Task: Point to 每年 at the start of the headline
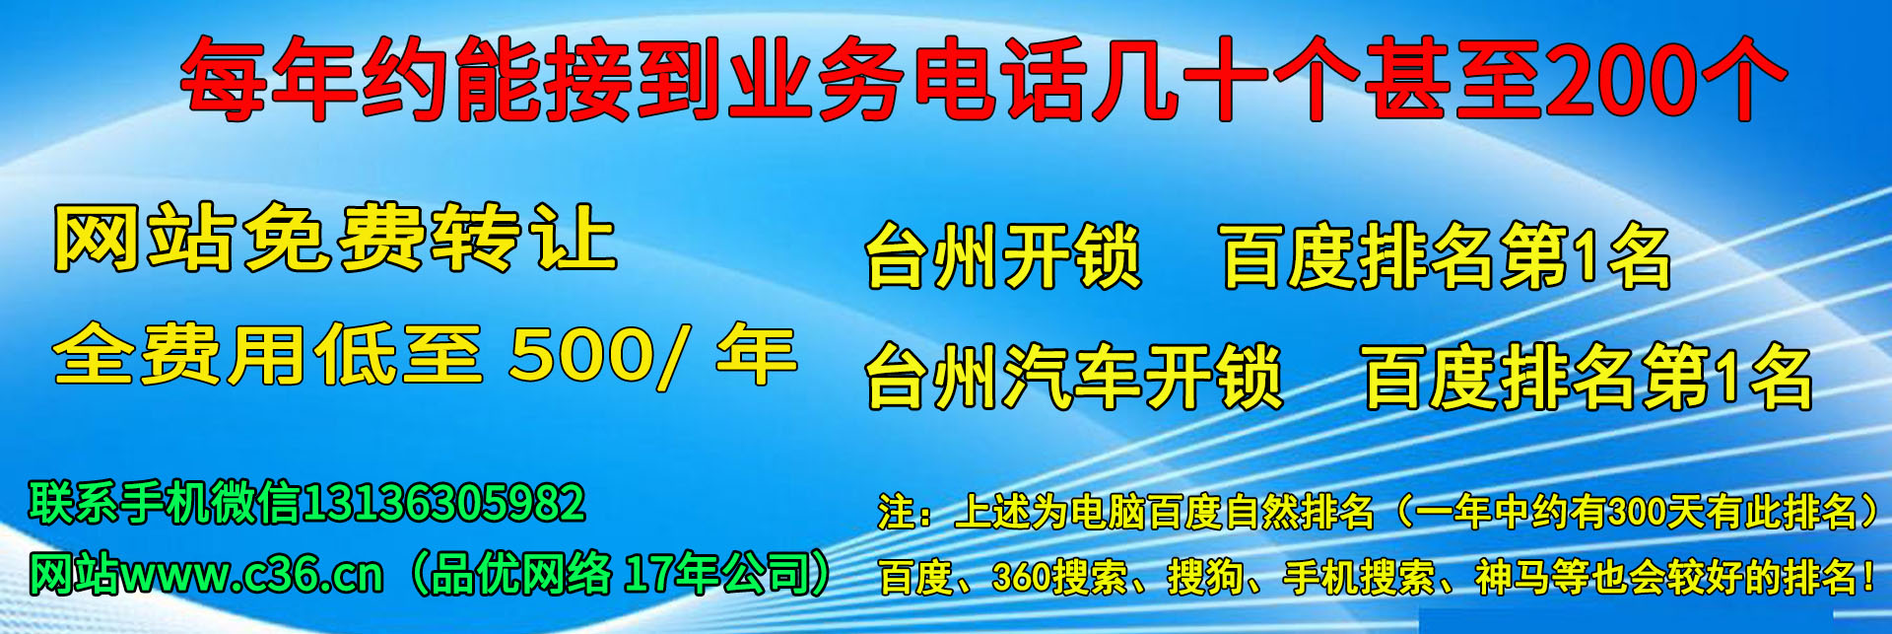click(x=268, y=79)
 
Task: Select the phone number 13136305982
click(x=443, y=503)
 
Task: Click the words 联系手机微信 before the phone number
click(x=165, y=503)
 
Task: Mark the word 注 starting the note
click(x=896, y=511)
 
